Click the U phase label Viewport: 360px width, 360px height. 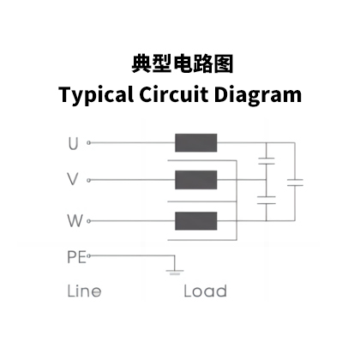point(73,143)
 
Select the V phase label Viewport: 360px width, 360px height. point(73,179)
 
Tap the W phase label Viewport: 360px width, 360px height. point(75,220)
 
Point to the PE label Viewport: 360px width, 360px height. point(76,257)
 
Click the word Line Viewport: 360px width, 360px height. point(84,291)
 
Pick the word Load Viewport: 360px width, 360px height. point(206,291)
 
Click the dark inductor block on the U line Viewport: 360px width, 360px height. point(196,142)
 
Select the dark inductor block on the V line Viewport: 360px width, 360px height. point(196,180)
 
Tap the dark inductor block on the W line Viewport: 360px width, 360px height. point(196,221)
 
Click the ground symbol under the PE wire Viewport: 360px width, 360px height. point(175,273)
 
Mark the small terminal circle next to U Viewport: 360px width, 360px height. point(89,142)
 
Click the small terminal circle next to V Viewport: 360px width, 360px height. point(89,180)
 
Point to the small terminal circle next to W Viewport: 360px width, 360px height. point(89,221)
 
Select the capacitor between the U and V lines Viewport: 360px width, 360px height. point(267,161)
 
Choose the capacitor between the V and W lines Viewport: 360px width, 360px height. point(267,200)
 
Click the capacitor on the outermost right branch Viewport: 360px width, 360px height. point(295,183)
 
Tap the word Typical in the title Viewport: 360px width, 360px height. point(96,95)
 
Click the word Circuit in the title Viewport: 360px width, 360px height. point(173,93)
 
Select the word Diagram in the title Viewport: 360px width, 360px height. point(258,95)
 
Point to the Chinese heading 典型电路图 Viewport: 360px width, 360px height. point(183,64)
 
